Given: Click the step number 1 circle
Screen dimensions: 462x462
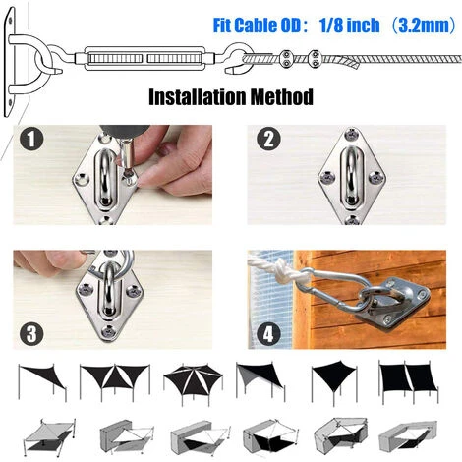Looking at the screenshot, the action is tap(31, 139).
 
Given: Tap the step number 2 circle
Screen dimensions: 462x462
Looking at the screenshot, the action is tap(268, 139).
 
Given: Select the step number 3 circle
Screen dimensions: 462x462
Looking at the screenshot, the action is tap(31, 334).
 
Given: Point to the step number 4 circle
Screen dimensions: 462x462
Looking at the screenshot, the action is tap(268, 334).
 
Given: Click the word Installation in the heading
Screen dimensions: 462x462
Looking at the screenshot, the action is tap(197, 97).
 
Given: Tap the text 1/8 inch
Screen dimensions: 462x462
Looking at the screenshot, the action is tap(349, 26).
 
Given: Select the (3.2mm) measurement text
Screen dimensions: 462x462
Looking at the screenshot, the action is tap(423, 26).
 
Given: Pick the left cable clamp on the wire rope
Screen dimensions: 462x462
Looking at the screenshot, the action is tap(287, 59).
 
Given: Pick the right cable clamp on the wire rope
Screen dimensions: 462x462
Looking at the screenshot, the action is tap(315, 59).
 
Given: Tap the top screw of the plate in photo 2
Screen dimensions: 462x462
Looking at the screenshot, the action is tap(352, 134).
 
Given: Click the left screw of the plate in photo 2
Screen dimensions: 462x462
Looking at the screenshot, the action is tap(327, 178).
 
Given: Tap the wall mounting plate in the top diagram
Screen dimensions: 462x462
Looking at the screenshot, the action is tap(10, 62).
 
